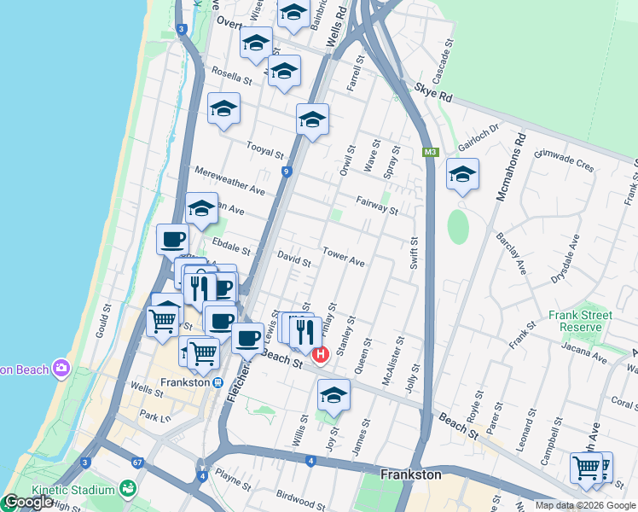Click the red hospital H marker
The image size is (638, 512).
tap(321, 354)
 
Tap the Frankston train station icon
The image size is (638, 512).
tap(218, 383)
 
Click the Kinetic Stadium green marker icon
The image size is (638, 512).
tap(128, 490)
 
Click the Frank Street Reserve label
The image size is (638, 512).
tap(580, 321)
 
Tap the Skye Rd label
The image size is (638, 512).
tap(433, 92)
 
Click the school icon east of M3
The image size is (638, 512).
tap(462, 175)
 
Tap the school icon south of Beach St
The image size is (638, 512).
tap(333, 396)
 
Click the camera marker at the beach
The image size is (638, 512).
tap(61, 369)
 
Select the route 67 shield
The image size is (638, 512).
tap(137, 463)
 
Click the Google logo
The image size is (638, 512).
tap(27, 503)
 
